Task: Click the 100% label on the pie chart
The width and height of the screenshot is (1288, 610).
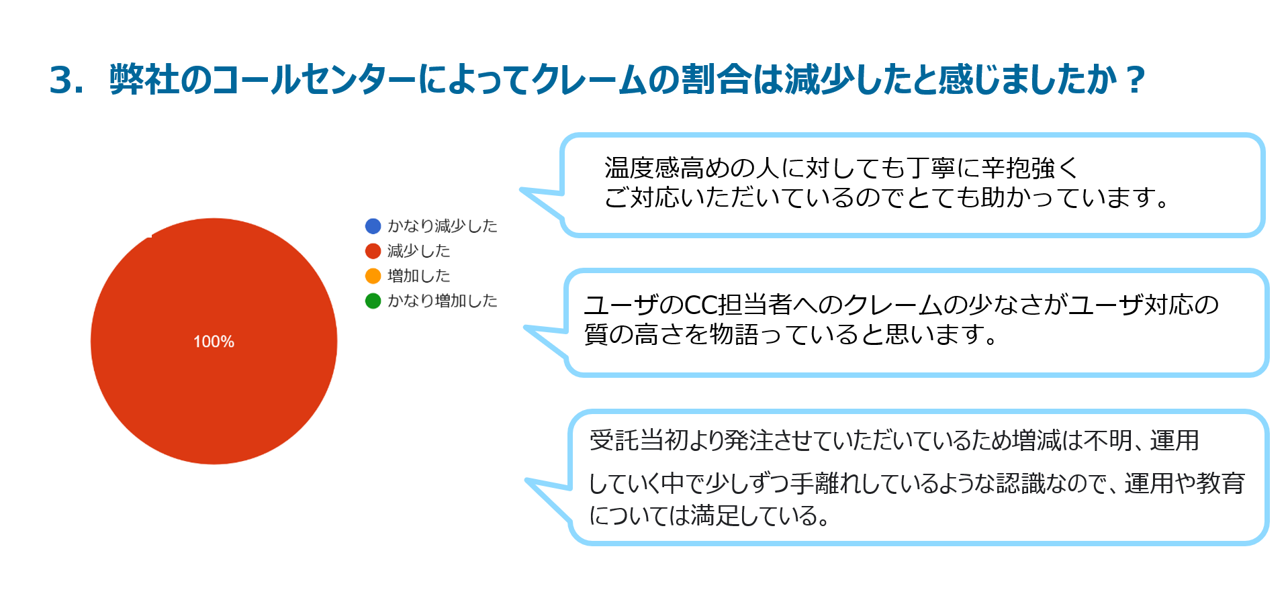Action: tap(214, 342)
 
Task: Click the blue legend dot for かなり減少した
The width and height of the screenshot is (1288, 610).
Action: tap(373, 226)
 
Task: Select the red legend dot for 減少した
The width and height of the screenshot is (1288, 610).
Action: tap(373, 251)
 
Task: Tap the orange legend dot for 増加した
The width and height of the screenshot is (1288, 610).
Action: tap(373, 276)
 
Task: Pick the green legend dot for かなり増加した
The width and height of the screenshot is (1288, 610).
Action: tap(373, 301)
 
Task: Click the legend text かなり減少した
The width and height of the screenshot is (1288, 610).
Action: tap(443, 226)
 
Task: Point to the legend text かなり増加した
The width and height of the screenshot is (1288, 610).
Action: tap(443, 301)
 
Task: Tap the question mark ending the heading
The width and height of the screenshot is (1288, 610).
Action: tap(1136, 81)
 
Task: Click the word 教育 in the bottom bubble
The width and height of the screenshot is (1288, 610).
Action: tap(1221, 483)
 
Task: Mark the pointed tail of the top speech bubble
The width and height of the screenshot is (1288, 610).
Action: tap(522, 190)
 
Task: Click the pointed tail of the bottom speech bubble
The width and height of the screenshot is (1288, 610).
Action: tap(528, 480)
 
